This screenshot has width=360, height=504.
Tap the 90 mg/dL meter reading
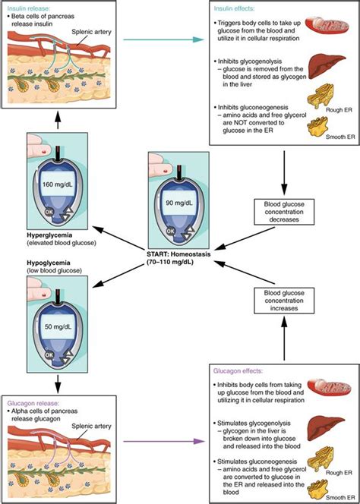point(180,203)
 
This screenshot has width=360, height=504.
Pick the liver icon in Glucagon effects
point(330,430)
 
